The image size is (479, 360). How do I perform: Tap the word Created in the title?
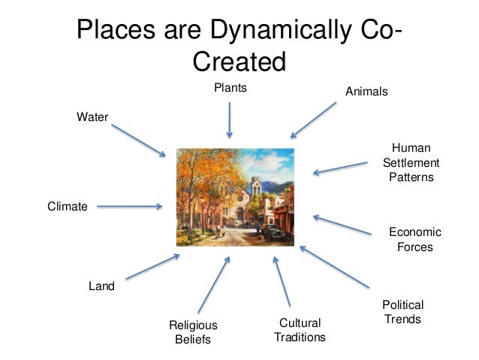click(x=239, y=62)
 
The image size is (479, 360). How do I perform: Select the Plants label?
click(x=230, y=88)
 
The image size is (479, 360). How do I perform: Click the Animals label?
click(x=366, y=92)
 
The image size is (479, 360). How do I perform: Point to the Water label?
click(x=92, y=116)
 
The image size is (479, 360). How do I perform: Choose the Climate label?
click(x=68, y=205)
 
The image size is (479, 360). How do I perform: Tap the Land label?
click(x=102, y=286)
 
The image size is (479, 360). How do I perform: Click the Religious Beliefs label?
click(x=193, y=331)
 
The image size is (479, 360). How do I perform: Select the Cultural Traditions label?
click(x=300, y=330)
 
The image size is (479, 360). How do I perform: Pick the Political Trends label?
click(x=403, y=312)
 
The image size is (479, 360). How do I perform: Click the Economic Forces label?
click(x=414, y=239)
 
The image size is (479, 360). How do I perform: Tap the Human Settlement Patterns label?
click(x=411, y=162)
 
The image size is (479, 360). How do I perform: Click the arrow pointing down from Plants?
click(x=230, y=120)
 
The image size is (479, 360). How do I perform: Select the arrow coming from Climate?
click(x=129, y=205)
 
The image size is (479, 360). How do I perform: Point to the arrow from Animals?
click(x=314, y=119)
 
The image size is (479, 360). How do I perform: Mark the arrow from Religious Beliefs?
click(x=213, y=285)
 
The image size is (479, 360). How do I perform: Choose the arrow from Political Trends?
click(x=334, y=267)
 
